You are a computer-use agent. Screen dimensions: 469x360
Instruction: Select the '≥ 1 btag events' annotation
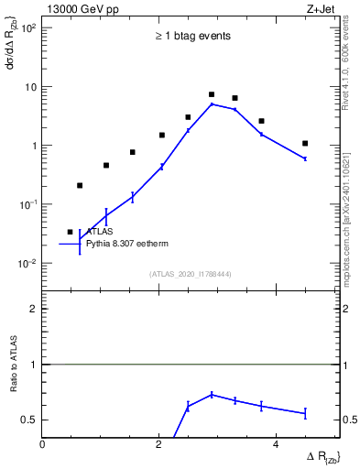(x=191, y=37)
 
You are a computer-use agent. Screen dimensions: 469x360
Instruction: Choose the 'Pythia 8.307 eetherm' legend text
(x=129, y=245)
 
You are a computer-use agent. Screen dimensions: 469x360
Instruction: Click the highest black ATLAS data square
(x=212, y=94)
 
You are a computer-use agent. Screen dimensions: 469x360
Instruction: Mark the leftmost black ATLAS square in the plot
(x=70, y=232)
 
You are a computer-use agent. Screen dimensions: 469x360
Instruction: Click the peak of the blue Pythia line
(x=212, y=104)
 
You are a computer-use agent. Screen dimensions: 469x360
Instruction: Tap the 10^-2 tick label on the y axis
(x=27, y=263)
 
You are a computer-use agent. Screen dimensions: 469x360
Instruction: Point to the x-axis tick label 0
(x=43, y=444)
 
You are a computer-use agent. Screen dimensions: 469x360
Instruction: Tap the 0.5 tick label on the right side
(x=350, y=420)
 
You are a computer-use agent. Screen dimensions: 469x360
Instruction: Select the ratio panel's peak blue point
(x=212, y=395)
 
